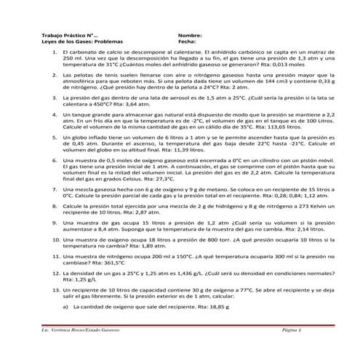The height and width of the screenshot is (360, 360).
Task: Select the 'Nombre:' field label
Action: click(188, 35)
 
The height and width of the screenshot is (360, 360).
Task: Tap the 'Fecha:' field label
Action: click(185, 42)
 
